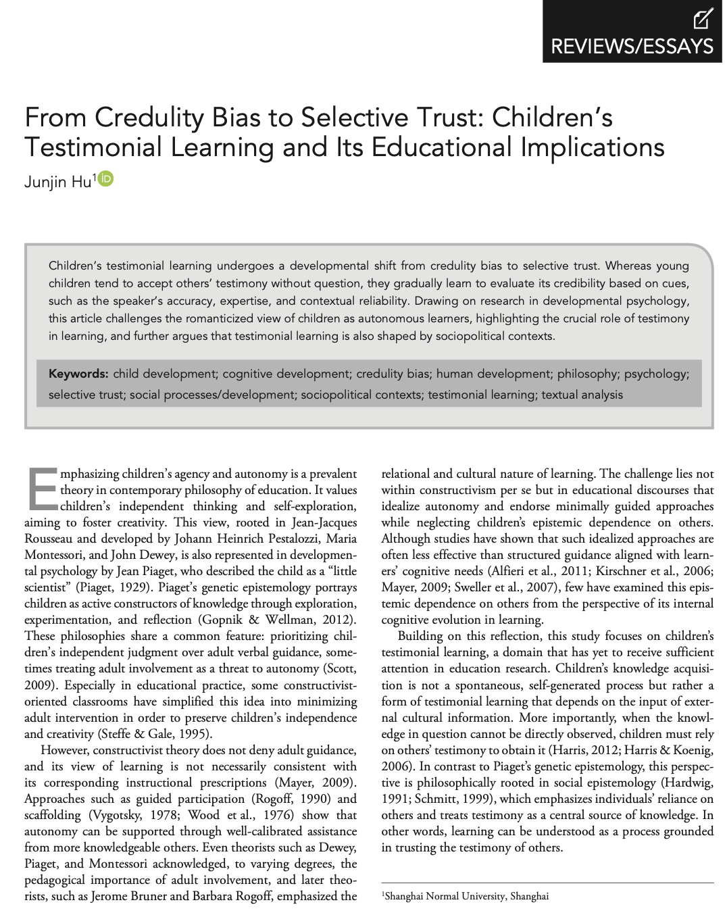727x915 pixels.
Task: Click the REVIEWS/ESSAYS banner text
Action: click(x=632, y=46)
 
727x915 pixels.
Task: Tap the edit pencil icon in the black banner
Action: click(x=703, y=18)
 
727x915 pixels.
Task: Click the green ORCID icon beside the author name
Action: click(x=106, y=178)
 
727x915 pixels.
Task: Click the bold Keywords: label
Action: click(x=78, y=374)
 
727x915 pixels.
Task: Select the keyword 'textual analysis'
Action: click(x=582, y=395)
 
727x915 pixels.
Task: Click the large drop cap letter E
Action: click(x=42, y=489)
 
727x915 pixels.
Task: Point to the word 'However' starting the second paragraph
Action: click(x=64, y=750)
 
